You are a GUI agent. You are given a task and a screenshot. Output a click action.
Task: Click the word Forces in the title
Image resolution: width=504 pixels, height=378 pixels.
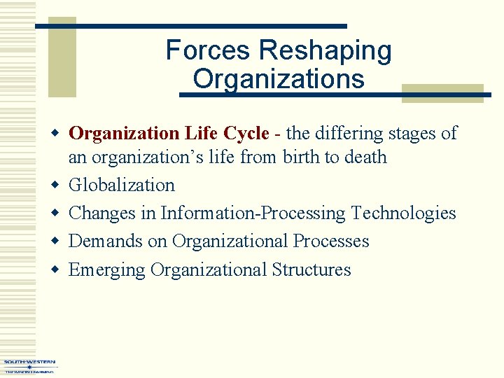[x=209, y=50]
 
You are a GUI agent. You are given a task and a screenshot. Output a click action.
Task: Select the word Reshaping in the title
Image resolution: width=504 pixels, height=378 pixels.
[x=325, y=50]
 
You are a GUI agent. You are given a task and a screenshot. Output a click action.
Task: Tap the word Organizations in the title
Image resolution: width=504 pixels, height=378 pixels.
[x=279, y=78]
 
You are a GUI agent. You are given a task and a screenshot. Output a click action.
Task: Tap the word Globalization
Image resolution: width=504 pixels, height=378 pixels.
[x=122, y=185]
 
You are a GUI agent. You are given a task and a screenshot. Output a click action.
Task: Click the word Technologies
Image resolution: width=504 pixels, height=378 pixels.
[x=403, y=213]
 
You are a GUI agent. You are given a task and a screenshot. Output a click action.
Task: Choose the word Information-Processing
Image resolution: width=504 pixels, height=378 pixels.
[x=253, y=213]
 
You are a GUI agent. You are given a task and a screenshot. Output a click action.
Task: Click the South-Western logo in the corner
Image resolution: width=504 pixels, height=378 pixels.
[x=29, y=366]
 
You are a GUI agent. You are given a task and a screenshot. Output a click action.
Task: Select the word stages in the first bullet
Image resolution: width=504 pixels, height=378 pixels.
[x=412, y=133]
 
